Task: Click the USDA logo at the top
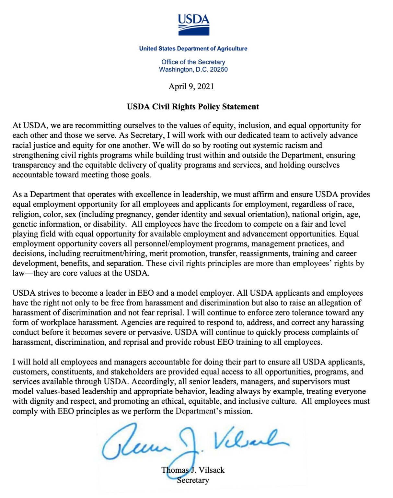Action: click(x=193, y=25)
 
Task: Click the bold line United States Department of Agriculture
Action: click(x=193, y=49)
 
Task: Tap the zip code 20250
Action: click(x=219, y=70)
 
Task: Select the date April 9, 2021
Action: click(x=191, y=87)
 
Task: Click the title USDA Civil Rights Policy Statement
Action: click(x=193, y=107)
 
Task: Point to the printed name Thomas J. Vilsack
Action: click(x=193, y=470)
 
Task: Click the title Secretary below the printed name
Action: click(x=193, y=480)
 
